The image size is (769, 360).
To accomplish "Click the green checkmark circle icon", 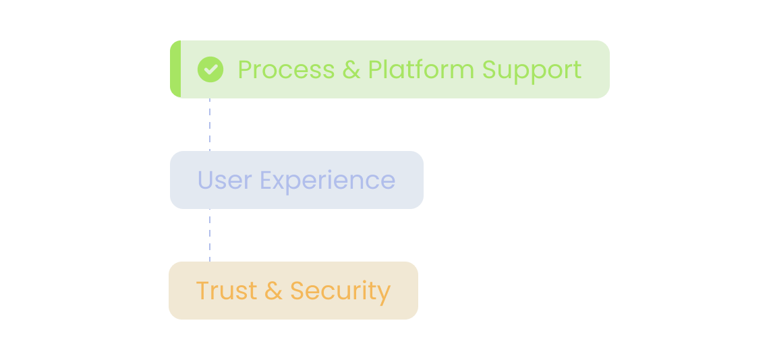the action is pos(210,69).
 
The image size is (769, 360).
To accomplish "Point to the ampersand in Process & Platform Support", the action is pos(351,69).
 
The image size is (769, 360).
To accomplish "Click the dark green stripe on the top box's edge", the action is pos(175,69).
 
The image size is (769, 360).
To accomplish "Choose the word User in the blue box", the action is pos(225,179).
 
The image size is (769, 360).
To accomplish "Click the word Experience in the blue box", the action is pos(327,181).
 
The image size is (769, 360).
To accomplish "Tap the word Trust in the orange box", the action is pos(227,291).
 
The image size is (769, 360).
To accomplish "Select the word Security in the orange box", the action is pos(341,292).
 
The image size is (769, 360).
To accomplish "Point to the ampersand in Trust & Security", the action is pos(274,291).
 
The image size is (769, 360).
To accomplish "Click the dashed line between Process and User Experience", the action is pos(210,124).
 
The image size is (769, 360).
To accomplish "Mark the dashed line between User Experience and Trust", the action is pos(210,235).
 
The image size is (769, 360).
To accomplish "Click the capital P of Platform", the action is pos(374,69).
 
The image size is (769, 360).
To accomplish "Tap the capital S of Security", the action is pos(297,291).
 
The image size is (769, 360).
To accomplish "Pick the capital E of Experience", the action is pos(265,179).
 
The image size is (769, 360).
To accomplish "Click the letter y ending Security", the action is pos(385,294).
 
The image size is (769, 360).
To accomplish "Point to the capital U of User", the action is pos(205,179).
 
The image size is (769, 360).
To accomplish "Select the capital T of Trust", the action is pos(202,291).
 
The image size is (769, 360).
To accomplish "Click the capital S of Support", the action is pos(489,69).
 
